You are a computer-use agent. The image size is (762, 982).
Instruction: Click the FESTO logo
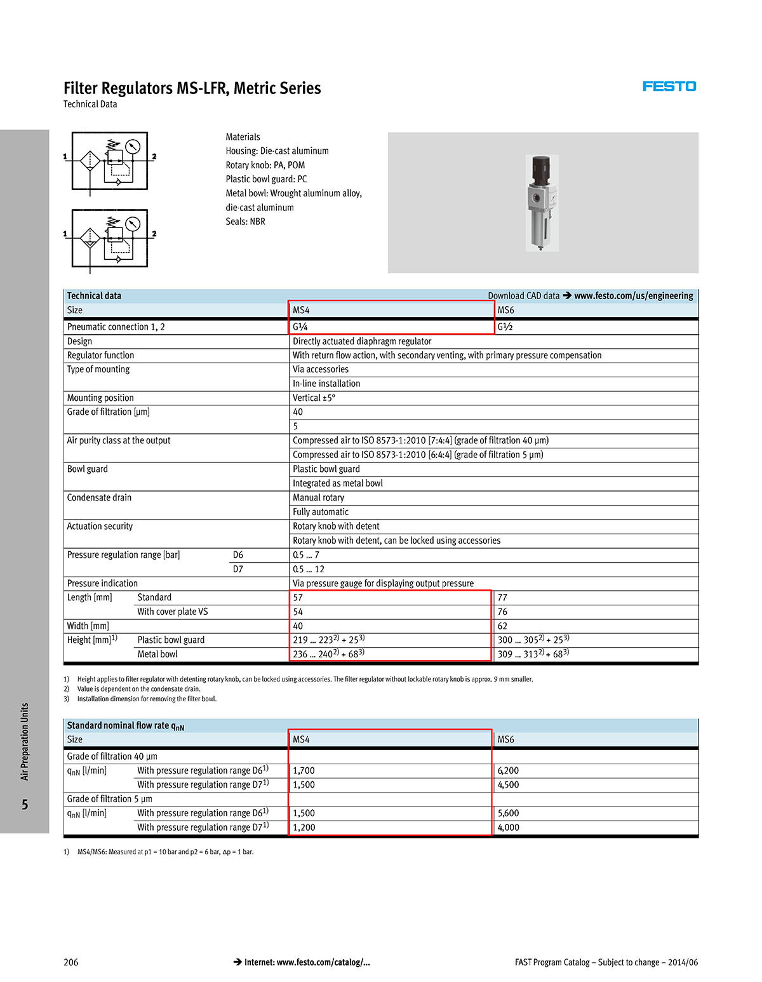click(669, 86)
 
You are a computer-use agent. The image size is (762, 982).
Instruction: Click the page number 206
click(71, 962)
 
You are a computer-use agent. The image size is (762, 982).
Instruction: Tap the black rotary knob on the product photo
click(540, 168)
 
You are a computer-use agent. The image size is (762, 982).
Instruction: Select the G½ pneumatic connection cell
click(505, 327)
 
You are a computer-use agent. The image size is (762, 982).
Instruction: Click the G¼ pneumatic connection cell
click(300, 327)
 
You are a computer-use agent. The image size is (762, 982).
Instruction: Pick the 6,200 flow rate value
click(508, 770)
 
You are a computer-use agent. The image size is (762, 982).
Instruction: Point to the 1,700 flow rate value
click(304, 770)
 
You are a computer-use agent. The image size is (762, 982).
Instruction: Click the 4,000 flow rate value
click(508, 827)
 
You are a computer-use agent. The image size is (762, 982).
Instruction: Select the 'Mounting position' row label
click(100, 398)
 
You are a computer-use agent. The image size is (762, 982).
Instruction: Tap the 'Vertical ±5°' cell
click(314, 398)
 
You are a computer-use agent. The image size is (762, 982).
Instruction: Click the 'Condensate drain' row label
click(99, 498)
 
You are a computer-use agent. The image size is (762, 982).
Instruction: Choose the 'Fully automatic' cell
click(321, 512)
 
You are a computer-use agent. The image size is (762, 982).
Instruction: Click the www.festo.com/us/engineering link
click(633, 296)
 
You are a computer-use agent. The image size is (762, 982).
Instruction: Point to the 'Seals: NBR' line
click(245, 222)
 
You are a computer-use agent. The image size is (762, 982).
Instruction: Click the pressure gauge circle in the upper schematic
click(132, 147)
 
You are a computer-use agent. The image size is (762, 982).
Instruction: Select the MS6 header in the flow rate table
click(505, 739)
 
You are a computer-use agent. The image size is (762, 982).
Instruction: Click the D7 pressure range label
click(238, 569)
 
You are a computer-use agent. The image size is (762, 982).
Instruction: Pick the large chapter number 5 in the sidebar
click(25, 805)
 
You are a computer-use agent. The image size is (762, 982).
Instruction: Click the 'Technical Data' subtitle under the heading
click(90, 104)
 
